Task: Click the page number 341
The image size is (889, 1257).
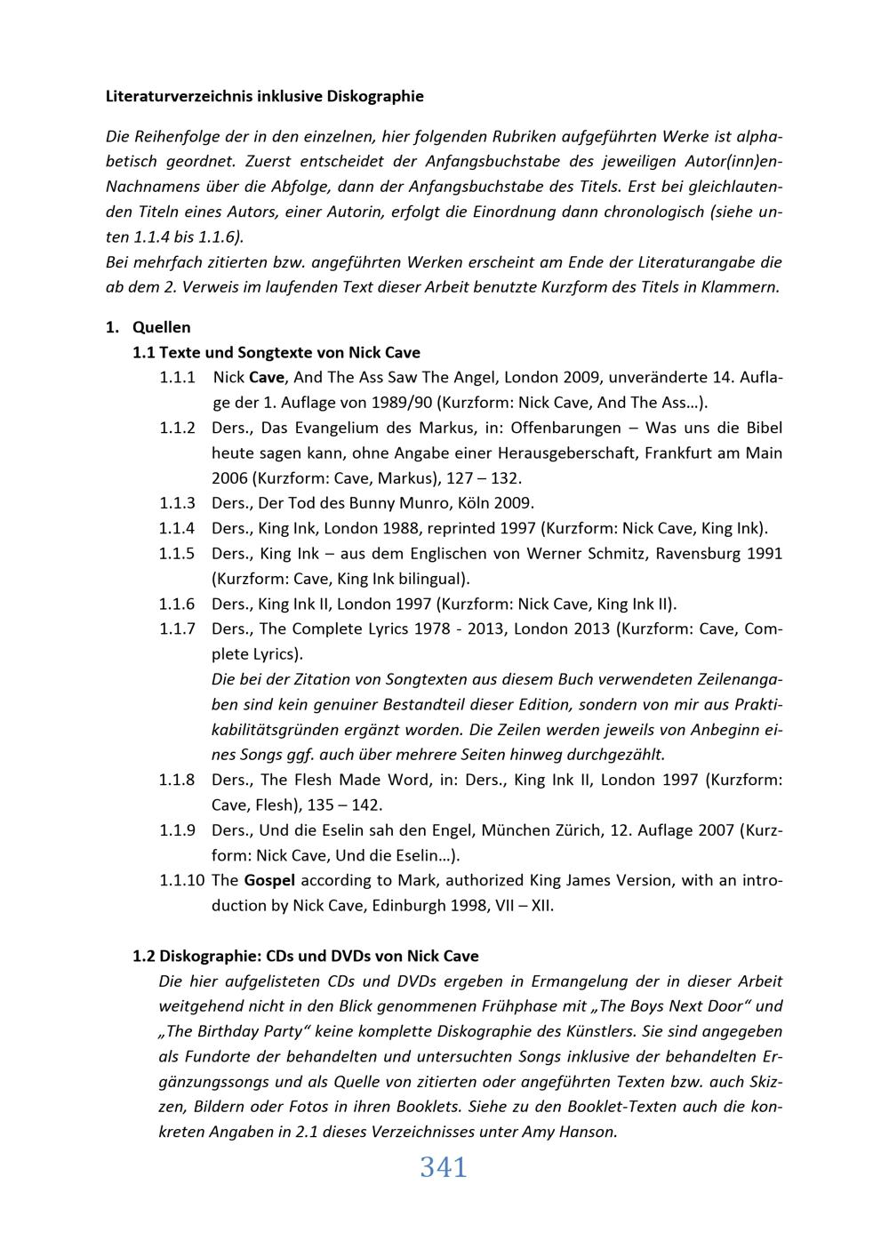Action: coord(443,1167)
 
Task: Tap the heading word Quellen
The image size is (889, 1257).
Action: coord(161,327)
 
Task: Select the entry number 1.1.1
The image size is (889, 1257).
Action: coord(177,377)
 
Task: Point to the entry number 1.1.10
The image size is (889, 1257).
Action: coord(181,881)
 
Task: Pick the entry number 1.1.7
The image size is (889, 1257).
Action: coord(177,629)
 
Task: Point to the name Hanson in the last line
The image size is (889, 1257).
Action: coord(586,1133)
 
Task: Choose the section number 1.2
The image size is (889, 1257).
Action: coord(144,957)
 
